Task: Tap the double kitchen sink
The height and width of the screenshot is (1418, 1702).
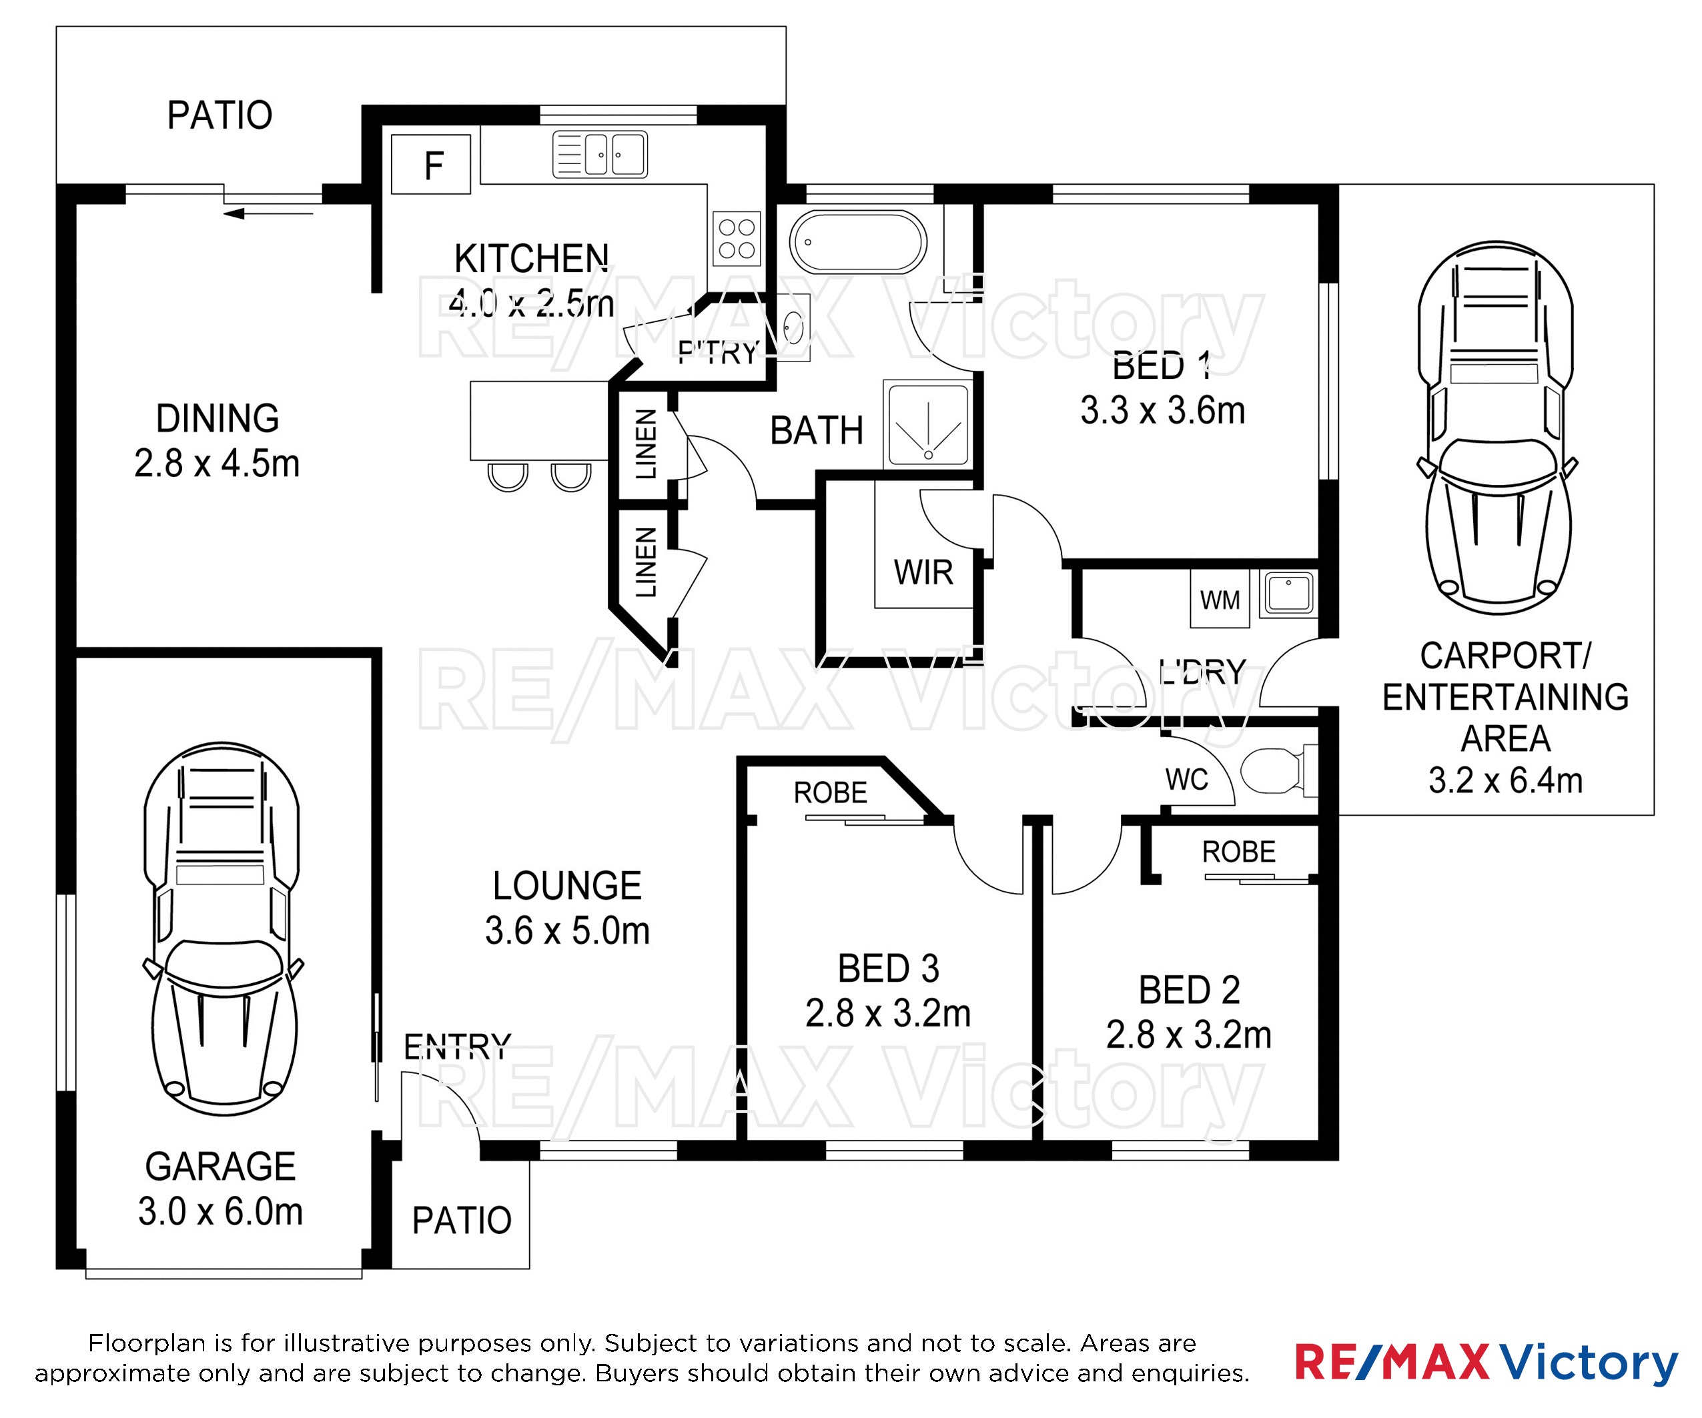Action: click(600, 154)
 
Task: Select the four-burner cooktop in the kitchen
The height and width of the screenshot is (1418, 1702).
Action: click(737, 238)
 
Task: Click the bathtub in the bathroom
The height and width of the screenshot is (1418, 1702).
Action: click(858, 241)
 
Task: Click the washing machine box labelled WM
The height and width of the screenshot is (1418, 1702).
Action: click(1220, 599)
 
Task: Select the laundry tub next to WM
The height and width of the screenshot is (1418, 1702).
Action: click(1288, 592)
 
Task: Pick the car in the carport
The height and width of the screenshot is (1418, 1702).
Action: click(1497, 427)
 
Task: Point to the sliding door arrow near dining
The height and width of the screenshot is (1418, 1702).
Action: click(268, 214)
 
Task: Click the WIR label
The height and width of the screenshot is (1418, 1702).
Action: click(923, 572)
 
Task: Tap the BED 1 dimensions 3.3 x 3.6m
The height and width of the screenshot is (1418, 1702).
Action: click(1162, 410)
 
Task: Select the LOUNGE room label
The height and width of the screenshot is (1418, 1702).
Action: click(567, 885)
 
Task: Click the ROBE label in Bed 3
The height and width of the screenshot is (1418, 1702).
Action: click(830, 792)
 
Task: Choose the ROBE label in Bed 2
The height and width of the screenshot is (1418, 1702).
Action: click(1238, 852)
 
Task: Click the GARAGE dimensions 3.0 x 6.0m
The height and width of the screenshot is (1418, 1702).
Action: click(220, 1211)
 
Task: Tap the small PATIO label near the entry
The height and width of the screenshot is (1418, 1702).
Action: click(462, 1221)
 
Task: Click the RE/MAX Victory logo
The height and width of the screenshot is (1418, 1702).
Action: click(1486, 1363)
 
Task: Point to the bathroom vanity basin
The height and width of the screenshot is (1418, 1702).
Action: click(793, 328)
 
